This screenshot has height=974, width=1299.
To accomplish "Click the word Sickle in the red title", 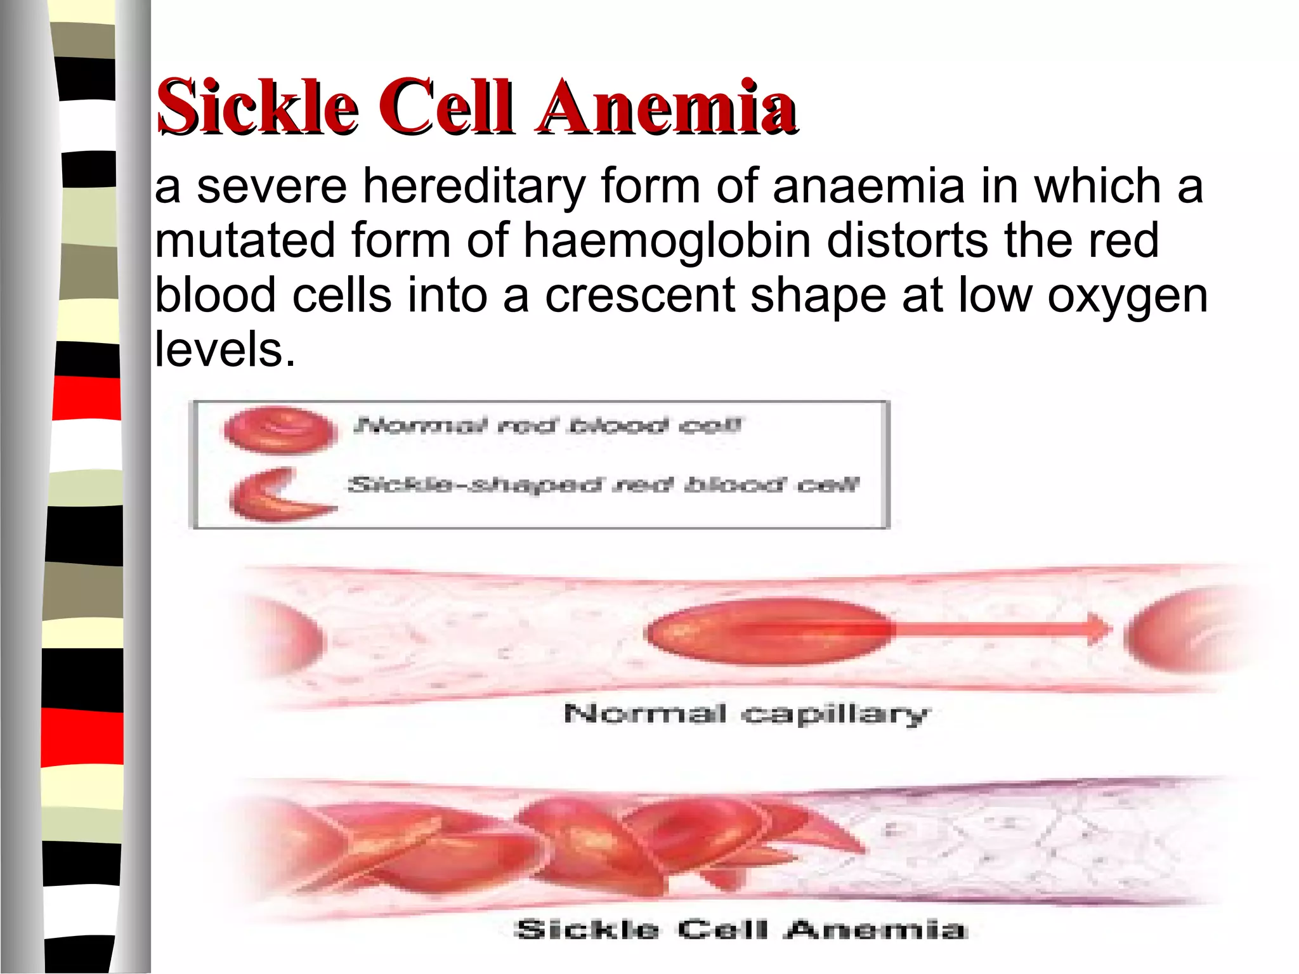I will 257,106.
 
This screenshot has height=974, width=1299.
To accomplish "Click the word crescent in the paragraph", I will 639,295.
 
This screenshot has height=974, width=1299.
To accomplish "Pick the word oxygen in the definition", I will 1127,297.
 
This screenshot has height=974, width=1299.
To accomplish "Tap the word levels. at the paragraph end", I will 225,349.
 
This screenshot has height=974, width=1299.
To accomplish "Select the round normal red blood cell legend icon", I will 280,431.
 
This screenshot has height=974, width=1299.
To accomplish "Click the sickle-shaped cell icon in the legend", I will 279,495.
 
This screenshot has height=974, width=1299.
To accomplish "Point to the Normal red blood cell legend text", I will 547,424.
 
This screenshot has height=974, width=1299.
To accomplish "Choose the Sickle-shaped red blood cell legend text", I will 603,485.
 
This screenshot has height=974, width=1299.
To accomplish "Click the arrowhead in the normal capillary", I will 1098,628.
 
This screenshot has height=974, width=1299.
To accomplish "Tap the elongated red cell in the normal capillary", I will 767,631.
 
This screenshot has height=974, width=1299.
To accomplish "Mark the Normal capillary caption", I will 745,715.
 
